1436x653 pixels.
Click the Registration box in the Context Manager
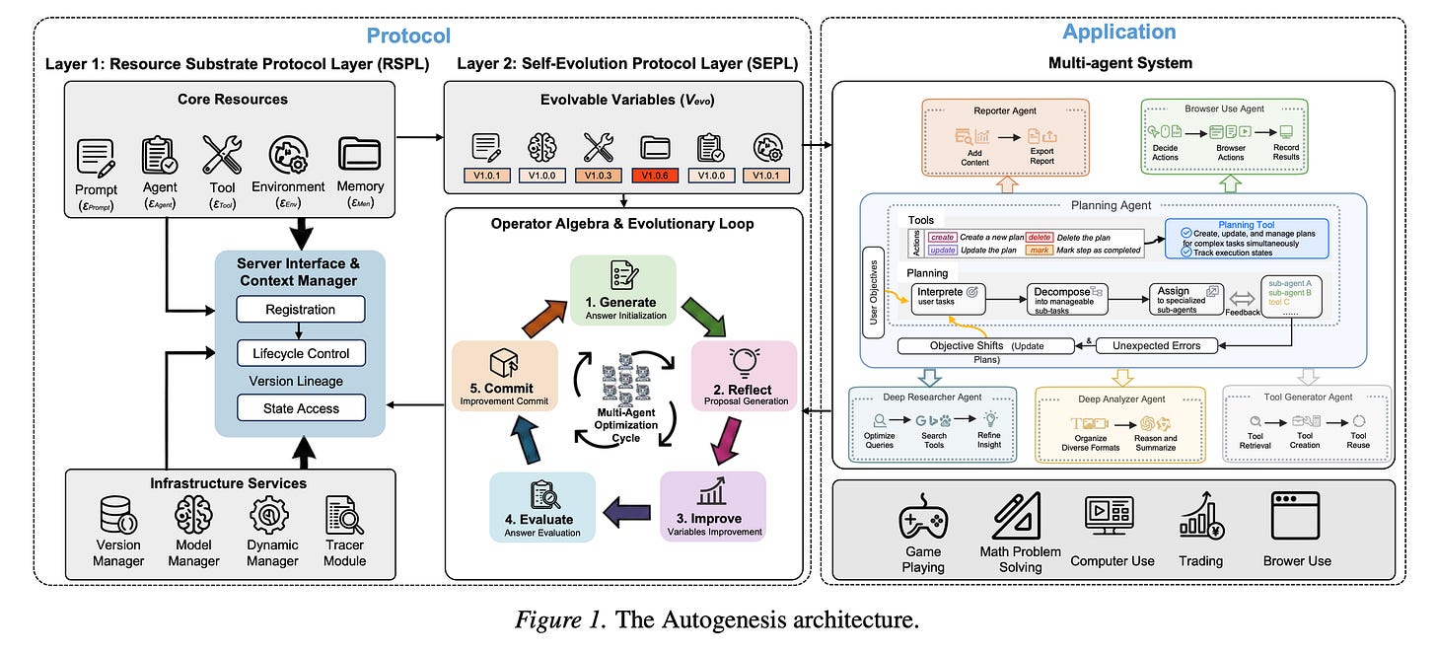click(x=301, y=310)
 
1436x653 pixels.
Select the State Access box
click(x=301, y=408)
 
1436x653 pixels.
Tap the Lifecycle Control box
click(x=301, y=353)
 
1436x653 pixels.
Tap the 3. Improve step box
click(x=712, y=507)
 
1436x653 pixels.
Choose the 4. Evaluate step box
click(x=542, y=507)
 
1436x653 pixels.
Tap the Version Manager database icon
click(x=118, y=515)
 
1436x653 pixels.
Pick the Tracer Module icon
click(x=344, y=515)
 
